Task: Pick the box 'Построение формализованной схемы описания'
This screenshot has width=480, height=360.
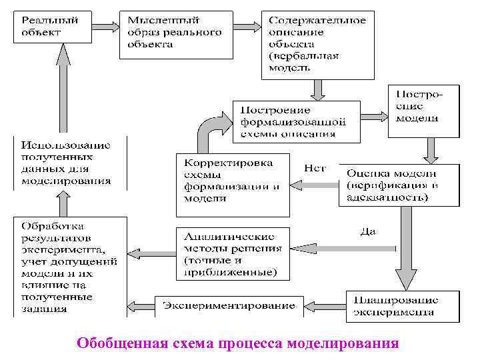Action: [x=296, y=121]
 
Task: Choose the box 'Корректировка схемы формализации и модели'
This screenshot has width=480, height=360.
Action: [x=233, y=185]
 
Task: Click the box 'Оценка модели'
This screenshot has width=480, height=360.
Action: [x=398, y=185]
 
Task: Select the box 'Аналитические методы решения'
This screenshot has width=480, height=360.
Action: [x=233, y=253]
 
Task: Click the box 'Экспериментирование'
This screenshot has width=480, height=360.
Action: [x=229, y=306]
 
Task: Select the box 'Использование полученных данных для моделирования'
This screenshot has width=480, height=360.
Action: [x=70, y=163]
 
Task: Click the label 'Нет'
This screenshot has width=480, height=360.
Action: [x=315, y=169]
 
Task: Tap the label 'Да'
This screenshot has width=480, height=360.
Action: [x=368, y=231]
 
